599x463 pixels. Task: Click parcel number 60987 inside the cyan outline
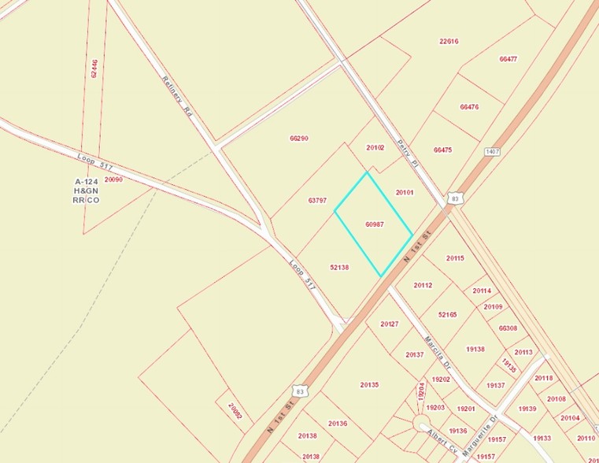pos(375,224)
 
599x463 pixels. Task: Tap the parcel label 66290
pos(298,138)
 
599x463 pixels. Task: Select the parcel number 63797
pos(317,200)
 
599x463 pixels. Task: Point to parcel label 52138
pos(339,267)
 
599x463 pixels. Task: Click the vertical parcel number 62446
pos(94,69)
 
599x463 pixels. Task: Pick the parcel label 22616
pos(449,41)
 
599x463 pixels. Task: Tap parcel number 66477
pos(508,59)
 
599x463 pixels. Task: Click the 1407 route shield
pos(494,151)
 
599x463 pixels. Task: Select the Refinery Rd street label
pos(177,97)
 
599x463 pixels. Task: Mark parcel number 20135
pos(370,384)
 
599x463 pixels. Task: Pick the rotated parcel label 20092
pos(235,412)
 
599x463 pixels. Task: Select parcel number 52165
pos(447,314)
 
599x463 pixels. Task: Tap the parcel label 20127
pos(390,324)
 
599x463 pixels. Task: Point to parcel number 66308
pos(508,328)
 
